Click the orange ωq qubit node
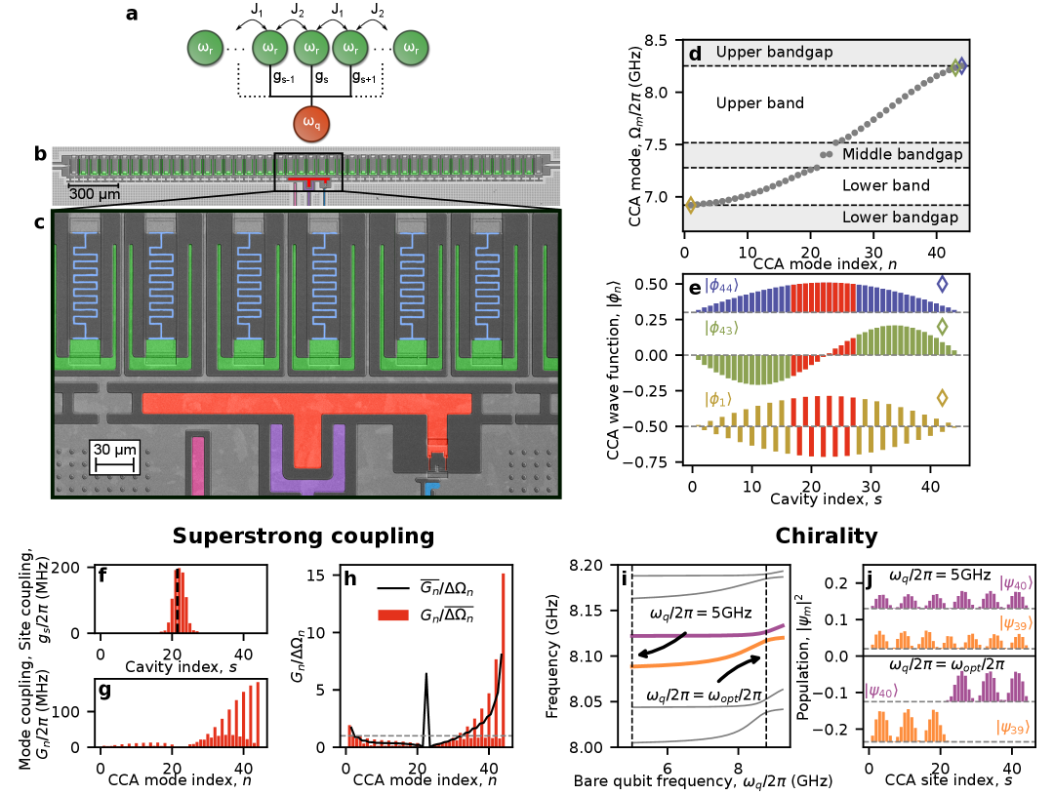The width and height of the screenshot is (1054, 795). [310, 124]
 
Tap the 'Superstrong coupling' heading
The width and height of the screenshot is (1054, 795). [303, 536]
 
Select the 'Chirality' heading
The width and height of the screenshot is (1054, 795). [826, 536]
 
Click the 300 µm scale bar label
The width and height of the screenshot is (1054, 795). [94, 192]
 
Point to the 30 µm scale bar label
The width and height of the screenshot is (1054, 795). [114, 450]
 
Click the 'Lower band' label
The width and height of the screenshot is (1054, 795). [885, 185]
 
